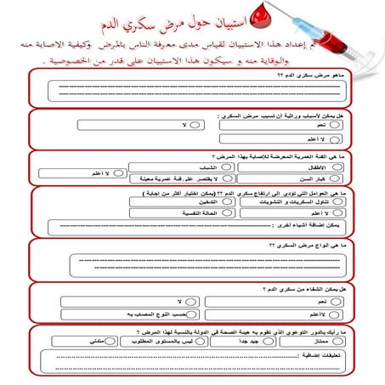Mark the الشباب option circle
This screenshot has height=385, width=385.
click(226, 168)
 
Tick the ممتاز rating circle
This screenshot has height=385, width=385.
click(337, 340)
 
